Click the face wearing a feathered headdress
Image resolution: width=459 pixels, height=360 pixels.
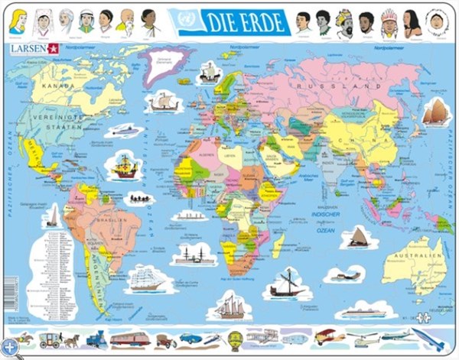(x=389, y=22)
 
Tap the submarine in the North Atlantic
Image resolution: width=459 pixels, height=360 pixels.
(x=125, y=131)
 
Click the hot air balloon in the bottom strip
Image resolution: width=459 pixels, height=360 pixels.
(x=235, y=338)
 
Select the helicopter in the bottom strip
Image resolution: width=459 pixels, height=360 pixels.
(x=360, y=337)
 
